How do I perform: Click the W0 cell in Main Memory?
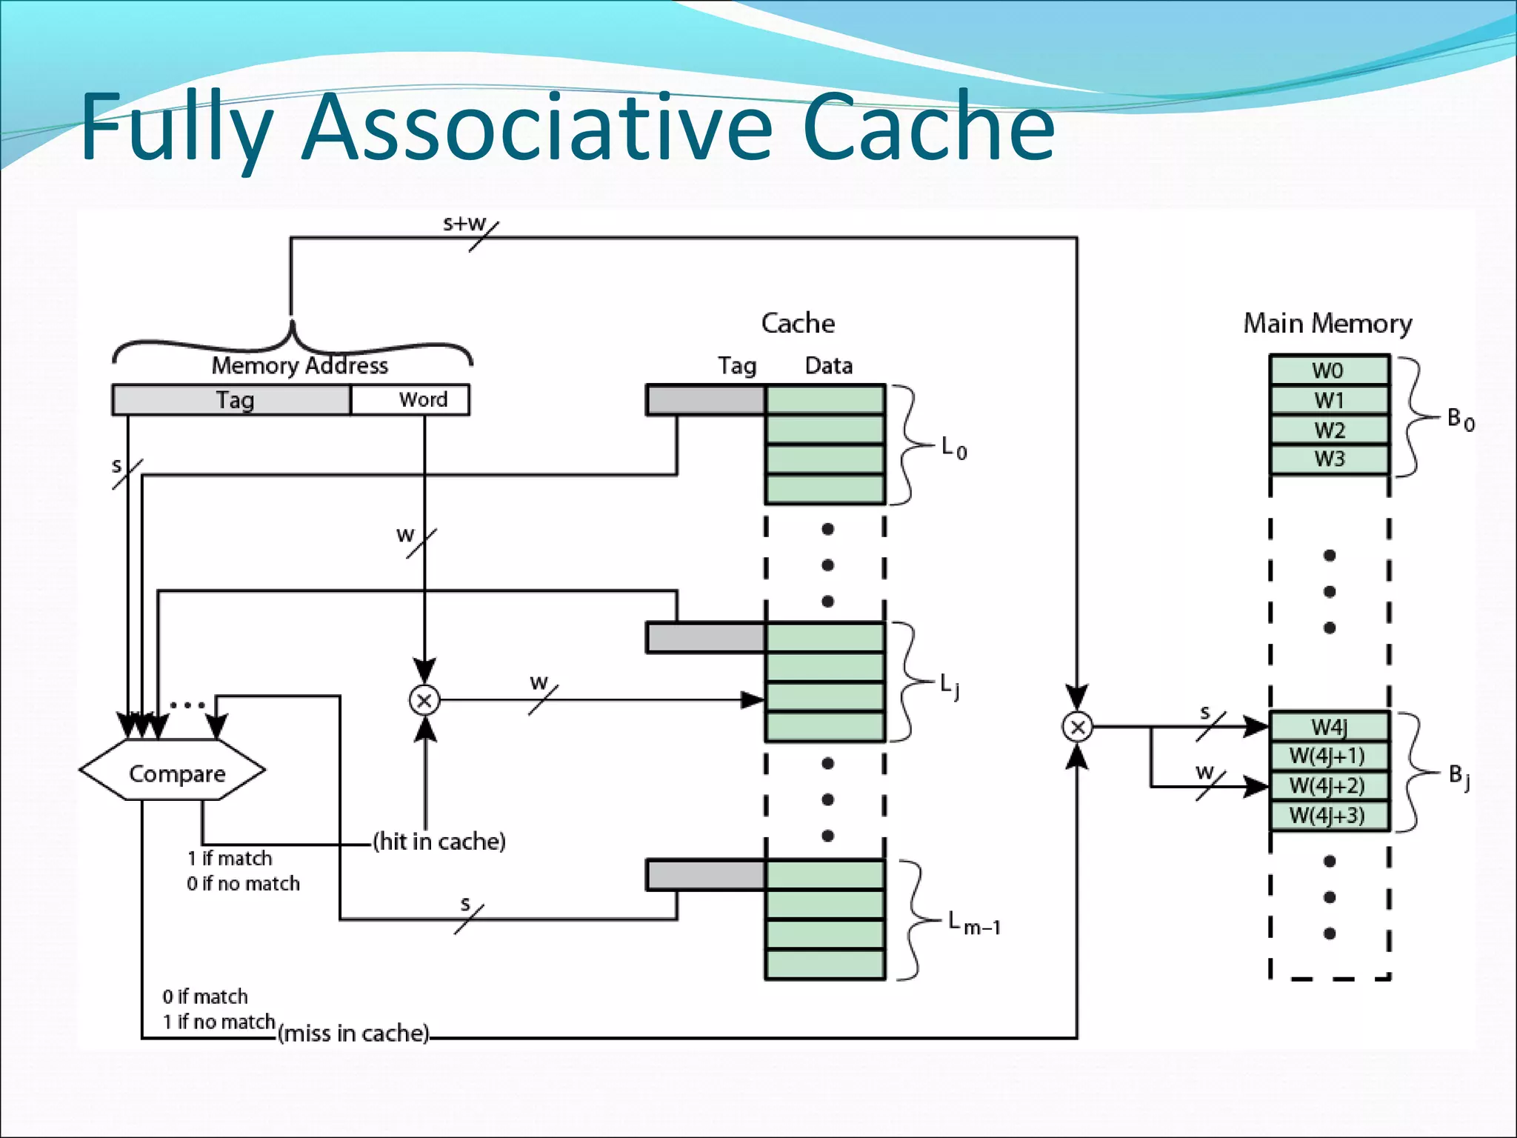[1329, 370]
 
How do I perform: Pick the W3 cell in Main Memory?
[1329, 459]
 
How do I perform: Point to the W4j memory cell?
[1329, 726]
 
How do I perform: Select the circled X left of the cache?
[424, 700]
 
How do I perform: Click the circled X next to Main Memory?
[1077, 727]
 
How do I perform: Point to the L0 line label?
[953, 448]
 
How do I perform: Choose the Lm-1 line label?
[974, 924]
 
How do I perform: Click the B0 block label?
[1460, 419]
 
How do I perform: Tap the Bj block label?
[1458, 776]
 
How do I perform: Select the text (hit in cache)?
[439, 842]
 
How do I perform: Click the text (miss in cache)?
[354, 1033]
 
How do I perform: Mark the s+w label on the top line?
[464, 223]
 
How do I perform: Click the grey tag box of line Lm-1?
[705, 875]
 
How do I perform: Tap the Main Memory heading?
[1327, 324]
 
